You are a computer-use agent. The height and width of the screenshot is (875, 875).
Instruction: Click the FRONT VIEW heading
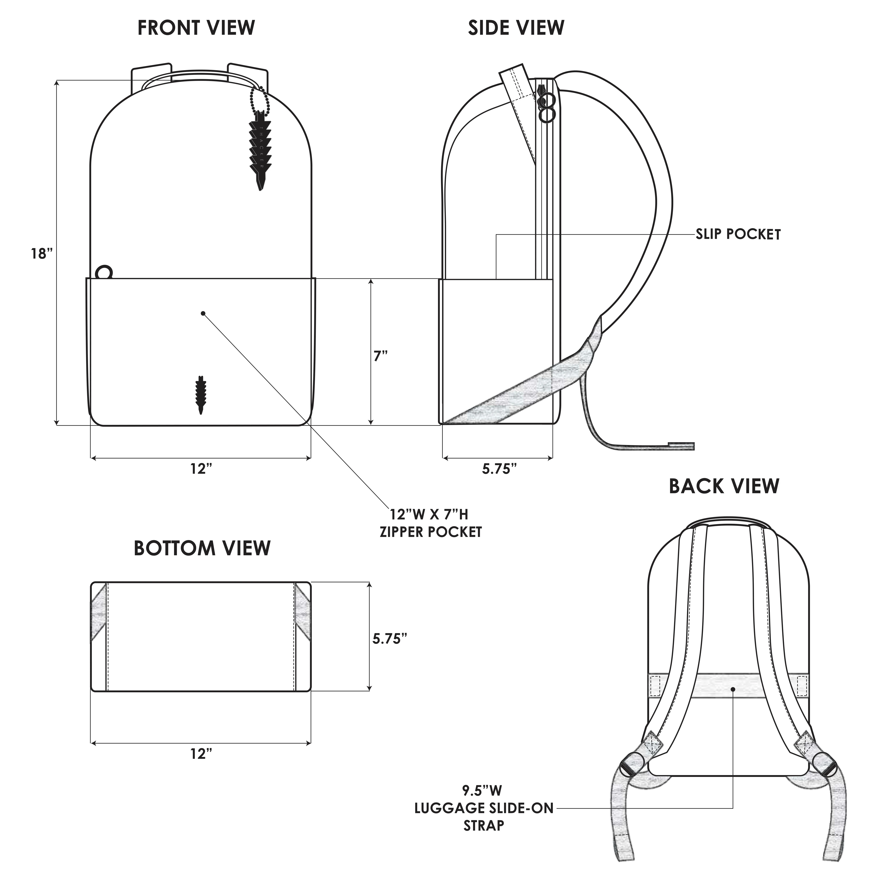(x=196, y=28)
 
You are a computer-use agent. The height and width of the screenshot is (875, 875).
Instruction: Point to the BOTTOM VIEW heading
(x=202, y=548)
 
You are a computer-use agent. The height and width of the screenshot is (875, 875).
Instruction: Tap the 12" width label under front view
(x=201, y=469)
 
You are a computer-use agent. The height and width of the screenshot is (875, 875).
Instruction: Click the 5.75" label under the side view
(x=499, y=469)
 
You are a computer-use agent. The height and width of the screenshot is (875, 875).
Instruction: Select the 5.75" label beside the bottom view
(x=390, y=639)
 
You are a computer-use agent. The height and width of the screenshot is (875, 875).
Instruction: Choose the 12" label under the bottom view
(x=201, y=754)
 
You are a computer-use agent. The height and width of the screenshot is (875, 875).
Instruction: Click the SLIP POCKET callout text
(x=738, y=235)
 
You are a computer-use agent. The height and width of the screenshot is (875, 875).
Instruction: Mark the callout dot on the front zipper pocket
(x=203, y=313)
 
